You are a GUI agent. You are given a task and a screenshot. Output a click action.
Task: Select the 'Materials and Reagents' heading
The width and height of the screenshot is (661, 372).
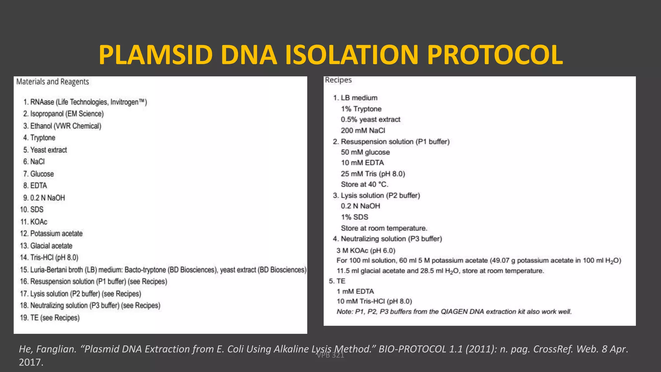pyautogui.click(x=53, y=82)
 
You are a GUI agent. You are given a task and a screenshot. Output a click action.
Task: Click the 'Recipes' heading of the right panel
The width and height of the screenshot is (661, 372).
pyautogui.click(x=338, y=80)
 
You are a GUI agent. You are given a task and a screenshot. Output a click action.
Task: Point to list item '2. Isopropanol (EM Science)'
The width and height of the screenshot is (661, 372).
pyautogui.click(x=63, y=114)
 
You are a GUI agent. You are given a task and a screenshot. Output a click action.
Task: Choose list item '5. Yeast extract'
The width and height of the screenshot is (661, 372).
pyautogui.click(x=45, y=150)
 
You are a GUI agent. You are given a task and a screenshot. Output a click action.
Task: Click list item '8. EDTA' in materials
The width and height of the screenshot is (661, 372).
pyautogui.click(x=35, y=186)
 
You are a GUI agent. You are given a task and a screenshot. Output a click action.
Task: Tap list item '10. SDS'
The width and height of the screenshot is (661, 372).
pyautogui.click(x=32, y=210)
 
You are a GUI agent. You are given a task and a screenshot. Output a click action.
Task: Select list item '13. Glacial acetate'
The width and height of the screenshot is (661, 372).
pyautogui.click(x=46, y=246)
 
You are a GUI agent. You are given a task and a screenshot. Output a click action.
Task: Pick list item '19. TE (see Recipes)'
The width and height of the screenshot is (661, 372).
pyautogui.click(x=50, y=318)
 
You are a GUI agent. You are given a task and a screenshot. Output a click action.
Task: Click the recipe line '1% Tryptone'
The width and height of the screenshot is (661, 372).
pyautogui.click(x=361, y=109)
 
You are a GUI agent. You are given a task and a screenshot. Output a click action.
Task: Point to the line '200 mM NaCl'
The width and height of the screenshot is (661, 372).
pyautogui.click(x=363, y=130)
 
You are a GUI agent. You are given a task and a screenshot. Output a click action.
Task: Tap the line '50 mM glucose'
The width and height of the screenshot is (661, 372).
pyautogui.click(x=365, y=152)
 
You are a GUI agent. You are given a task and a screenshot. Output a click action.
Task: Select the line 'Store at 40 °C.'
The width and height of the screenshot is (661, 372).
pyautogui.click(x=364, y=184)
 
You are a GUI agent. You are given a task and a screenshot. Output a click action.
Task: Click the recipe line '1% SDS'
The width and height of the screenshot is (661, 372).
pyautogui.click(x=354, y=217)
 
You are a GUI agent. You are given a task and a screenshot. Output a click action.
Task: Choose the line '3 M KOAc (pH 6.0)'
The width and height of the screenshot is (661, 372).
pyautogui.click(x=366, y=251)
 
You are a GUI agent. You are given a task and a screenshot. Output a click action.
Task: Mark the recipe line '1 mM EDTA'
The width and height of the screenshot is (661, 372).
pyautogui.click(x=355, y=291)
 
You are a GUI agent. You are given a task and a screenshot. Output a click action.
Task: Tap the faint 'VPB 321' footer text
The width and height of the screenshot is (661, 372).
pyautogui.click(x=330, y=356)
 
